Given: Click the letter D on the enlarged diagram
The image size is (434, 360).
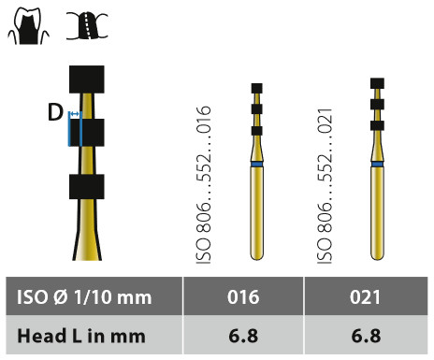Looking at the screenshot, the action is [x=55, y=112].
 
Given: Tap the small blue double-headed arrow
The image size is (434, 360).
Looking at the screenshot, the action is [x=74, y=114].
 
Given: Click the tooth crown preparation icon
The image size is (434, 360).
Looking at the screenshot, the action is [x=28, y=25].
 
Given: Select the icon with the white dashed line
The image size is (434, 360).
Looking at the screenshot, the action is [x=87, y=26].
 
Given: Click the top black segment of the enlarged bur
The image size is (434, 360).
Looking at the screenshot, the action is [x=87, y=79].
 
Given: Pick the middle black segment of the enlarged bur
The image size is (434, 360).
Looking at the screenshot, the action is [x=87, y=133].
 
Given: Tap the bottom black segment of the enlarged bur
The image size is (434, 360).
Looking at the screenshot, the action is [x=87, y=187].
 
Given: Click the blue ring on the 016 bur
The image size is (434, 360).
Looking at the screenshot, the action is [x=257, y=165].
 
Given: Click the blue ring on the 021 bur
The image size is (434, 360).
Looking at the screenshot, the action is [x=377, y=164].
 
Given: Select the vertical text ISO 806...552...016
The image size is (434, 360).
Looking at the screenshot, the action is [x=204, y=185].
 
